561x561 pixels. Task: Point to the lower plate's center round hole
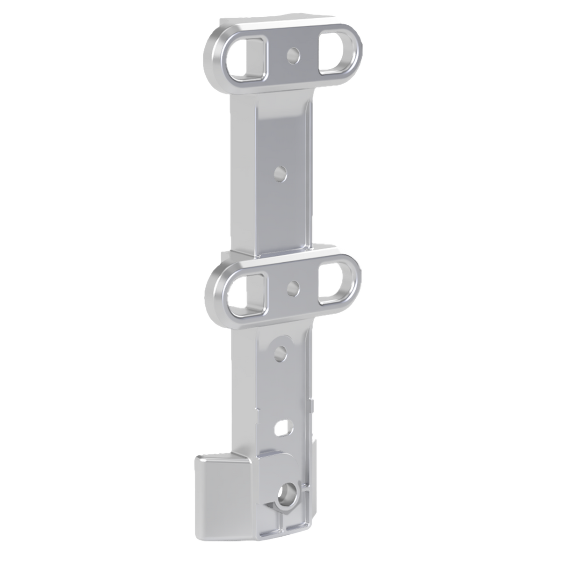(x=293, y=287)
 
